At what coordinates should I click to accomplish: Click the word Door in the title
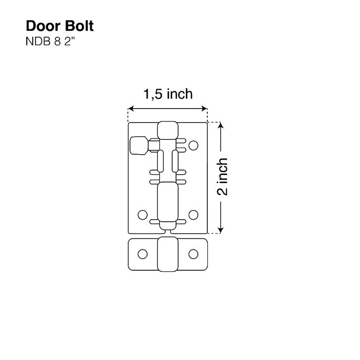click(42, 26)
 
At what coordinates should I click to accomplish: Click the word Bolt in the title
click(79, 26)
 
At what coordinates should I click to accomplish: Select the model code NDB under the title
click(38, 42)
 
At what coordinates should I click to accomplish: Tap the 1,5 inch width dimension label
click(168, 94)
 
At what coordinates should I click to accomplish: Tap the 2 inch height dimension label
click(222, 177)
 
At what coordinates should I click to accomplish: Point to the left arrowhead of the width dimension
click(131, 109)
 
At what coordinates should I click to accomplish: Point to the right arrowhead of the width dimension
click(205, 109)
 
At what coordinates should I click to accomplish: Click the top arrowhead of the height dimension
click(221, 125)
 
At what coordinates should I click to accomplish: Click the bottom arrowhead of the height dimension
click(221, 230)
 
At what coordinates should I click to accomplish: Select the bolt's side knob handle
click(139, 145)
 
